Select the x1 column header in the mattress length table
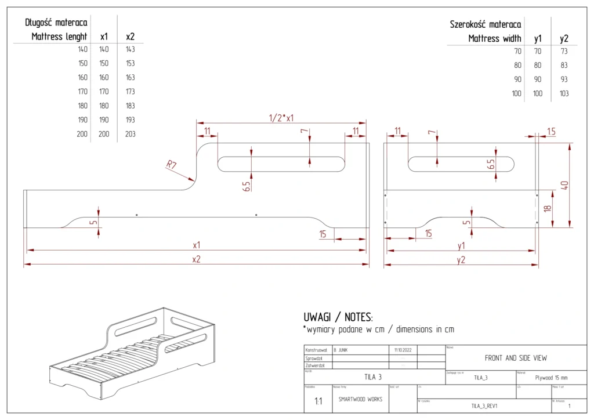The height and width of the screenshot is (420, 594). click(x=104, y=37)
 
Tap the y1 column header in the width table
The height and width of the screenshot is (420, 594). click(x=538, y=39)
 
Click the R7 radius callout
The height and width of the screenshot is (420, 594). click(x=172, y=165)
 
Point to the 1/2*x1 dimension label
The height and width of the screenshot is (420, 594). click(x=281, y=118)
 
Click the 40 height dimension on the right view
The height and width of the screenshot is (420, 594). click(x=564, y=186)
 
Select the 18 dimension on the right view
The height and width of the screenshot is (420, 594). click(x=547, y=208)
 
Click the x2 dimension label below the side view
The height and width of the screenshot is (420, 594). click(x=197, y=259)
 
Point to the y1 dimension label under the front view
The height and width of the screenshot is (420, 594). click(x=461, y=245)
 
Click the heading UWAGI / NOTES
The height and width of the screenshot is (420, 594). click(x=338, y=317)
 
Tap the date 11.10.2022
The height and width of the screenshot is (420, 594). click(x=402, y=350)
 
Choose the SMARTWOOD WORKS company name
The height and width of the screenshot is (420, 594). click(x=360, y=400)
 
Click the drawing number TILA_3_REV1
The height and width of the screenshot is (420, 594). click(x=484, y=406)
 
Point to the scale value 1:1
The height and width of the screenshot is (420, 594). click(x=318, y=401)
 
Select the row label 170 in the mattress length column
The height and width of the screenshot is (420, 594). click(x=82, y=92)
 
